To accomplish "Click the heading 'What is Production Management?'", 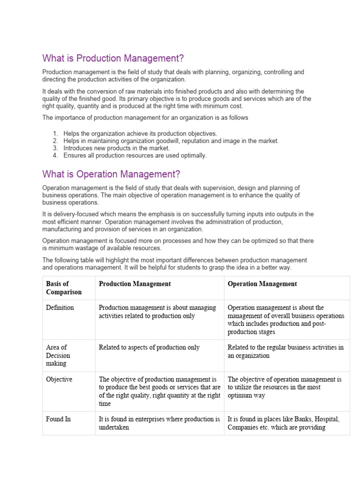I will click(113, 59).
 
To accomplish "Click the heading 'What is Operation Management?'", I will click(111, 174).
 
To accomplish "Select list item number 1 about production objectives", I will click(140, 134).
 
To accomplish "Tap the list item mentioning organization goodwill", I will click(171, 141).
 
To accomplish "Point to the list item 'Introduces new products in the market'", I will click(116, 148).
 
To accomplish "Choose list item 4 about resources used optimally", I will click(135, 155).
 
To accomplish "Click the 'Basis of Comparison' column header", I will click(64, 288).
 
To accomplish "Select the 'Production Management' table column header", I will click(135, 284).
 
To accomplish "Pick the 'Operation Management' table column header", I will click(262, 284).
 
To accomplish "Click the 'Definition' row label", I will click(60, 308).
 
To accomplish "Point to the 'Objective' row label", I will click(59, 379).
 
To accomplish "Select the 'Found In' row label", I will click(58, 419).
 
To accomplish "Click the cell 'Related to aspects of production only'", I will click(149, 347).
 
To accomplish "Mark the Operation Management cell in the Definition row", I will click(285, 320).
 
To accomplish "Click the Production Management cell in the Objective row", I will click(159, 391).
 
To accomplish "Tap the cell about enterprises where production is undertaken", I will click(159, 423).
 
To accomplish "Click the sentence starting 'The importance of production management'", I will click(145, 118).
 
